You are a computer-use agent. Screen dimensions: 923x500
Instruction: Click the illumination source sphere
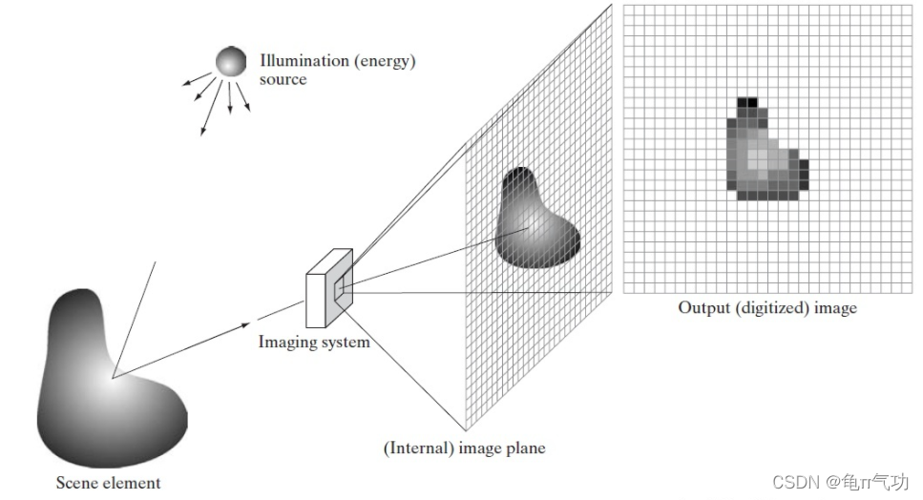point(230,62)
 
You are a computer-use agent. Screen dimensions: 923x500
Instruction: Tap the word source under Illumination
point(283,79)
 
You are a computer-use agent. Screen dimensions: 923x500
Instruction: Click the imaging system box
point(325,285)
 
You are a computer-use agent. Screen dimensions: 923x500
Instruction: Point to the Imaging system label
point(313,342)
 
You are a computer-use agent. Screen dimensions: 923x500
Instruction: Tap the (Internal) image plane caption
point(465,447)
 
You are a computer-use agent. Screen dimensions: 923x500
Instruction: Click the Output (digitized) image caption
point(767,308)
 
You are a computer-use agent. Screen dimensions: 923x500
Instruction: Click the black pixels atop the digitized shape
point(747,100)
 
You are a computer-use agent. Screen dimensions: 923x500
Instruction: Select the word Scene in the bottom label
point(74,483)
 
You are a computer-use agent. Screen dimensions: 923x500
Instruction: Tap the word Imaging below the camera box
point(285,342)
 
